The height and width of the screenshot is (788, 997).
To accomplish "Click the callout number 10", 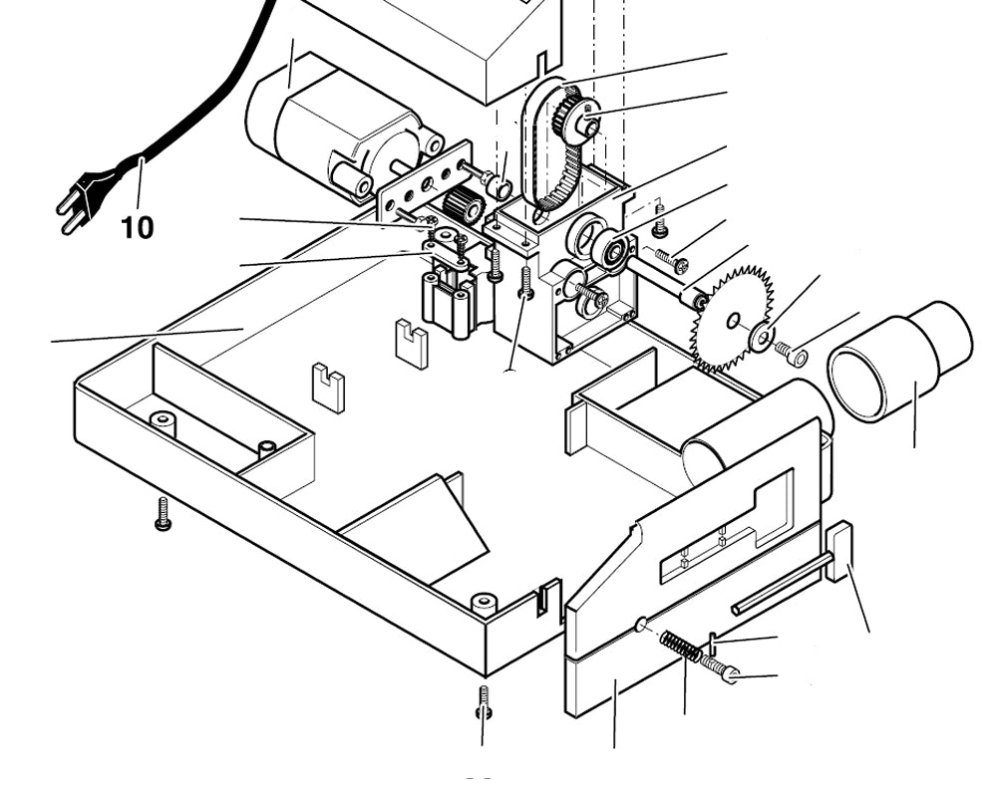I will coord(138,228).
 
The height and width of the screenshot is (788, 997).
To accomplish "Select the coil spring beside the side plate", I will coord(680,646).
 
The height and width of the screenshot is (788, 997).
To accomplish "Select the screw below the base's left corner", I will coord(164,512).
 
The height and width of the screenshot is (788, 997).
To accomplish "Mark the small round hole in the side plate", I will coord(641,625).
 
